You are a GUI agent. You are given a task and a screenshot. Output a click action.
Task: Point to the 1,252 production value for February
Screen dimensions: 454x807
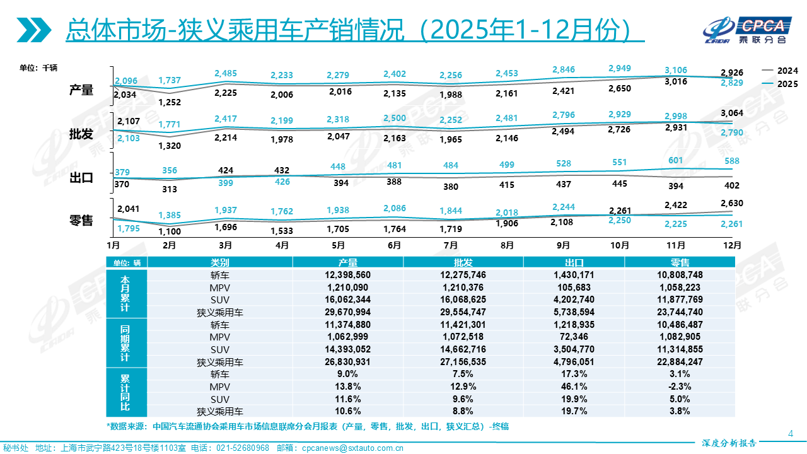tap(170, 102)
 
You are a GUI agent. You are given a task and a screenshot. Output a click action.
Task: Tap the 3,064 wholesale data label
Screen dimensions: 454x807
tap(732, 113)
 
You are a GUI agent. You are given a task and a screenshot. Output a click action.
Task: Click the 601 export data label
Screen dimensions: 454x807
tap(676, 160)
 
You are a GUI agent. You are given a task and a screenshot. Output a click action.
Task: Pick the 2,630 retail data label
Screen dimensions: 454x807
tap(732, 203)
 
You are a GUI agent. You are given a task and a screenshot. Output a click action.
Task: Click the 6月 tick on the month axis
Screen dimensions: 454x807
tap(395, 245)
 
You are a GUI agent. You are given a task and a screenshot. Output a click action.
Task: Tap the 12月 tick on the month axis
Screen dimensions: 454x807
tap(732, 245)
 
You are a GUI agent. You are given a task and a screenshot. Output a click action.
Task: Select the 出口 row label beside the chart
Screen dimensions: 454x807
tap(81, 177)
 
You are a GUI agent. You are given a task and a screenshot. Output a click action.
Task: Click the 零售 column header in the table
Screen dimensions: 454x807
tap(680, 263)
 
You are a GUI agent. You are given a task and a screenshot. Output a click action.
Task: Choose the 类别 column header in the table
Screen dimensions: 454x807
tap(220, 263)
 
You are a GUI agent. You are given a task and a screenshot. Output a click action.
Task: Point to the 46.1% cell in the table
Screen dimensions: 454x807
tap(574, 387)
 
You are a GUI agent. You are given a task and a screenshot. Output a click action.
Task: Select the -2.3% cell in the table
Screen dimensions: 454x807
tap(680, 387)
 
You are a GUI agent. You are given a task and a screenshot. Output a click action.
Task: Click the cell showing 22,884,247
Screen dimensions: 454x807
tap(680, 362)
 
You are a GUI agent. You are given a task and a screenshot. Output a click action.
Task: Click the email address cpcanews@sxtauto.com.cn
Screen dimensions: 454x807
tap(353, 448)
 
